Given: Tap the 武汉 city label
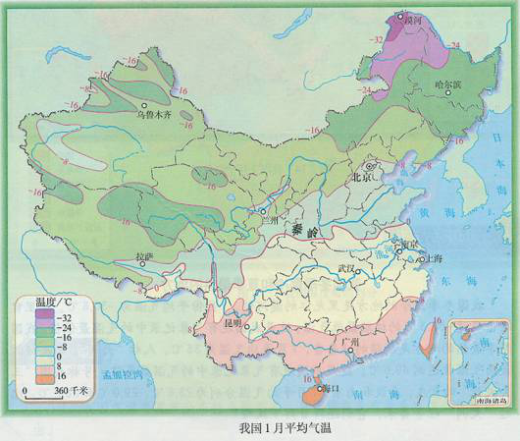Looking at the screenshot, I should (345, 268).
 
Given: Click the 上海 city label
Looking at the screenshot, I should (429, 259).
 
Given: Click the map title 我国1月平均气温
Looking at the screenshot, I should (259, 428).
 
